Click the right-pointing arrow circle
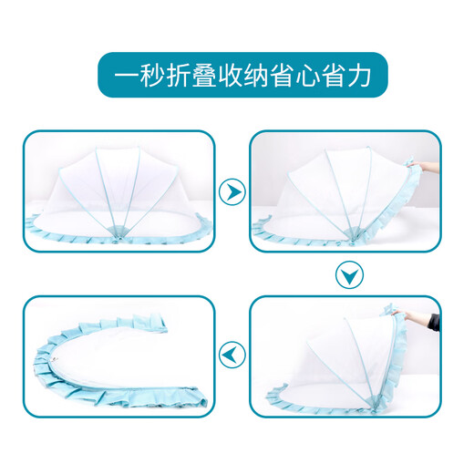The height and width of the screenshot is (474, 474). (x=233, y=192)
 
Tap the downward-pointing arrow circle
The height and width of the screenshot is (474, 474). (x=347, y=274)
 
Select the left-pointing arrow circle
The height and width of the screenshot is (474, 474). (x=233, y=354)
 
